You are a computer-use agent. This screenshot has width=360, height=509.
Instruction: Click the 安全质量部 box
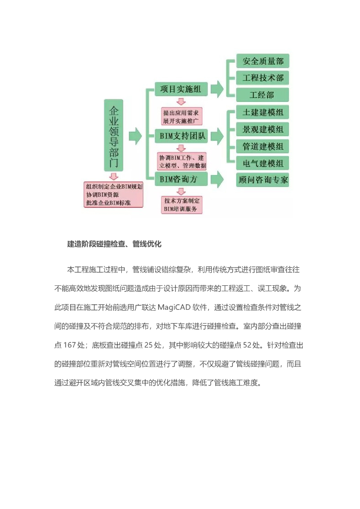coord(263,61)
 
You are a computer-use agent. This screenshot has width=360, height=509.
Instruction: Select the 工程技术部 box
coord(263,78)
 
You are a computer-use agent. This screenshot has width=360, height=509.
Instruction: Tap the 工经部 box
coord(263,94)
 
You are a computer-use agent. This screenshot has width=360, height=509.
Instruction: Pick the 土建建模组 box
coord(263,112)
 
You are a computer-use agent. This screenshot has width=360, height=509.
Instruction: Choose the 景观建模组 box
coord(263,129)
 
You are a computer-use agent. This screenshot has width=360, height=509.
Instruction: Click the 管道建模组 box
coord(263,146)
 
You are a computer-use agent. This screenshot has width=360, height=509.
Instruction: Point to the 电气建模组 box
coord(263,163)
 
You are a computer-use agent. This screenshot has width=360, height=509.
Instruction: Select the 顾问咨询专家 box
coord(263,179)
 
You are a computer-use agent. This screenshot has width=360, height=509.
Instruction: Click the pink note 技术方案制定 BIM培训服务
coord(181,205)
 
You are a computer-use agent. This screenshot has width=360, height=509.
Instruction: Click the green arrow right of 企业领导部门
coord(135,135)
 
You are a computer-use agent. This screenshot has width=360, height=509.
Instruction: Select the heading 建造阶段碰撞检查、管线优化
coord(114,244)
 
